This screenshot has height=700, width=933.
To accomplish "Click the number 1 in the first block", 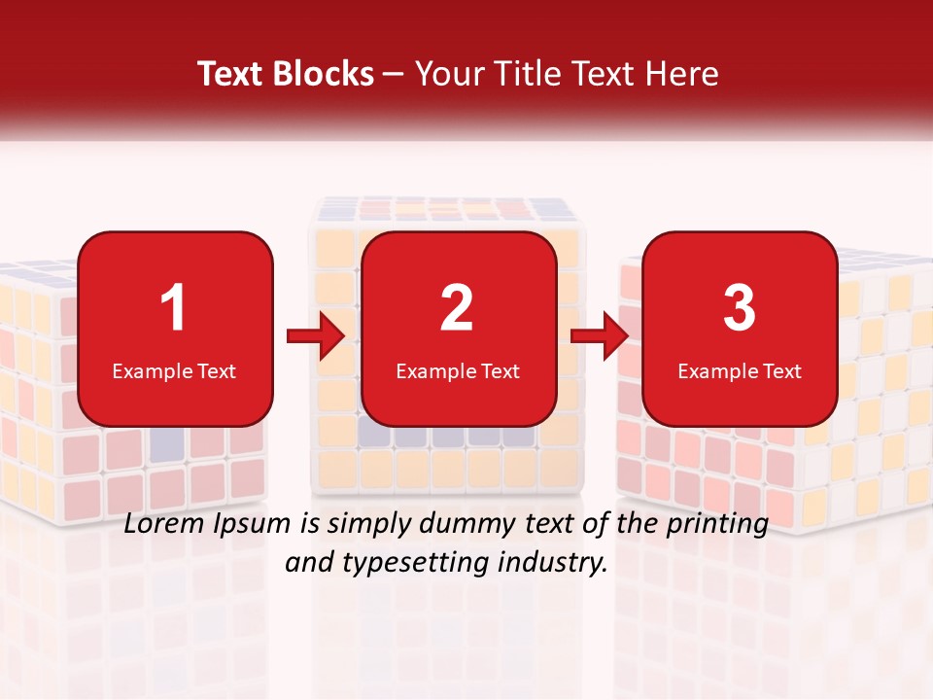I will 173,308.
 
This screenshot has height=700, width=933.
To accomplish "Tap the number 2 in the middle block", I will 457,308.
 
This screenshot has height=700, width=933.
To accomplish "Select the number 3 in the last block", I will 739,308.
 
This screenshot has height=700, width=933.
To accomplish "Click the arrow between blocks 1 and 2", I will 316,337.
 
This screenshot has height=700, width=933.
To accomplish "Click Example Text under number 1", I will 174,371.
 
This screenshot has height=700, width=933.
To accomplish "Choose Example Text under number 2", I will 458,371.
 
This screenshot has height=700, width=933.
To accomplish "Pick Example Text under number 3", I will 740,371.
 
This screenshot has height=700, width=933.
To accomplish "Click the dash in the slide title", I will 394,74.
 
